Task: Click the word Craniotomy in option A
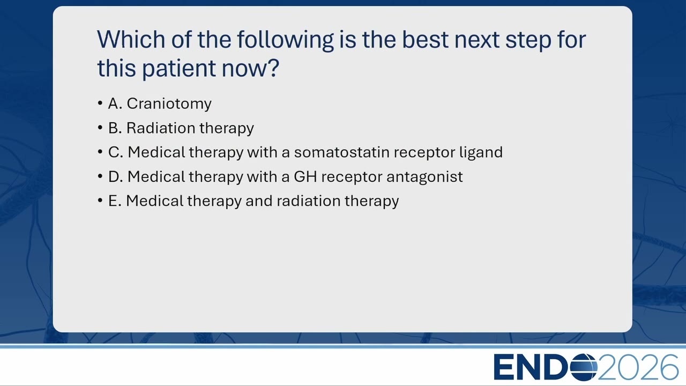click(169, 103)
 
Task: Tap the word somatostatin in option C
click(341, 152)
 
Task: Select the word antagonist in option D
click(424, 177)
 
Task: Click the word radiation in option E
click(308, 201)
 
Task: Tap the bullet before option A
click(100, 103)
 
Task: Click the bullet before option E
click(100, 201)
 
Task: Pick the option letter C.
click(115, 152)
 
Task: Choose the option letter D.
click(115, 176)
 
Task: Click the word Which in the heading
click(131, 40)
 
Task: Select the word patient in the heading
click(179, 69)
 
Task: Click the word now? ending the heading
click(250, 68)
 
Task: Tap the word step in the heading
click(528, 41)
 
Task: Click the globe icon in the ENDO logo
click(584, 367)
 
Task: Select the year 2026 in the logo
click(638, 367)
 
